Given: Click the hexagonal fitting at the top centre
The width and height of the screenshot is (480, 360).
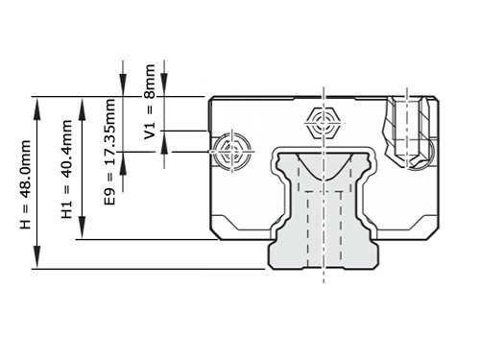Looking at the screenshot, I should click(x=324, y=122).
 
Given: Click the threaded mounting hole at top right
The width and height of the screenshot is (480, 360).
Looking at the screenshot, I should click(x=410, y=125).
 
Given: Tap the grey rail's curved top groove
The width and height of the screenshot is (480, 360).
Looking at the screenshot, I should click(x=324, y=163).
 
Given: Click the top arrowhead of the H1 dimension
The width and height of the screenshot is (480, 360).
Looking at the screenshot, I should click(x=81, y=102).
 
